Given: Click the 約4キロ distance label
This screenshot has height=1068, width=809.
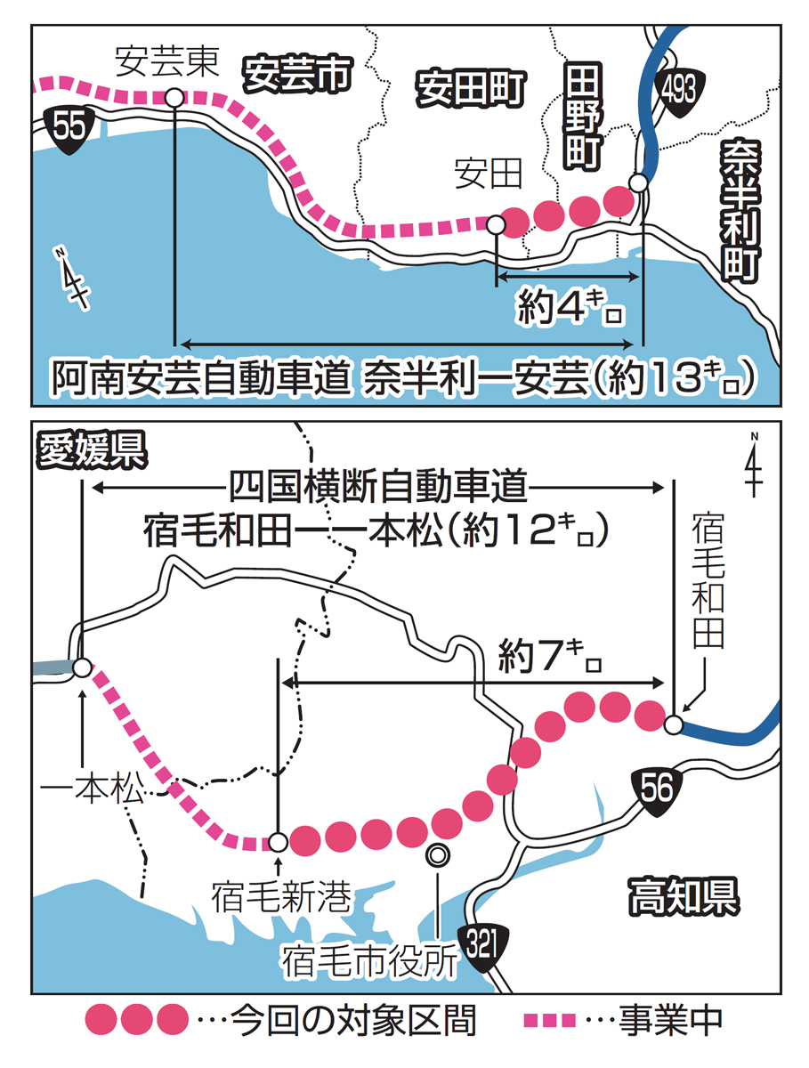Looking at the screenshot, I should [567, 309].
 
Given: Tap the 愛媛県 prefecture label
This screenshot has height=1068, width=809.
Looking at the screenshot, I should [90, 450].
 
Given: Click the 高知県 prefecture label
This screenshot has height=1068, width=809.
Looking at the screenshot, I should [683, 894].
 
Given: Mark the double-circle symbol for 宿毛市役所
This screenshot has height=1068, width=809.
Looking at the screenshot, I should [437, 854].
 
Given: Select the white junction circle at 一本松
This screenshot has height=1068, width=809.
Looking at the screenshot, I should [81, 667].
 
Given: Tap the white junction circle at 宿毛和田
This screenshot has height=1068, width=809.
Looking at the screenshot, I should [675, 725].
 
